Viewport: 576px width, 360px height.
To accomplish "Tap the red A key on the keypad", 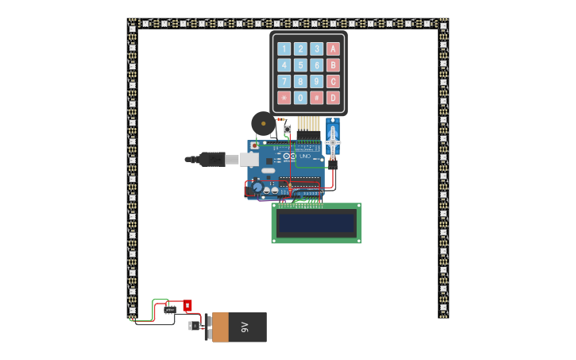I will pyautogui.click(x=333, y=48).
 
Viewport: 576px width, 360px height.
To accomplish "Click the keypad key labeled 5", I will pyautogui.click(x=300, y=65).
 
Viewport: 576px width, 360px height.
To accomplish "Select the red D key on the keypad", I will pyautogui.click(x=333, y=98).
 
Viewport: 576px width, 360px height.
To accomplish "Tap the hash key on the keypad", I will pyautogui.click(x=316, y=98).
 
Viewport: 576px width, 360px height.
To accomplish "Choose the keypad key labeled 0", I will pyautogui.click(x=300, y=98).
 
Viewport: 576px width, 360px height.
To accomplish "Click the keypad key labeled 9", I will pyautogui.click(x=316, y=81).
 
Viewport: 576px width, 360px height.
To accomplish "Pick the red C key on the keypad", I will pyautogui.click(x=333, y=81).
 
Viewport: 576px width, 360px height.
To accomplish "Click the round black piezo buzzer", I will pyautogui.click(x=263, y=123).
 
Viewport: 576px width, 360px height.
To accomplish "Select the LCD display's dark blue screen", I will pyautogui.click(x=316, y=223).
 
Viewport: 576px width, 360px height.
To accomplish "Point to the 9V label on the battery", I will pyautogui.click(x=245, y=327).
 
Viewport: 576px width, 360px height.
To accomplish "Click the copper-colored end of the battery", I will pyautogui.click(x=220, y=327).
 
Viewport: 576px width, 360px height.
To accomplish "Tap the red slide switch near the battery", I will pyautogui.click(x=187, y=305).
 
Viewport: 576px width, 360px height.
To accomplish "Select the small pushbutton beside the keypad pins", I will pyautogui.click(x=288, y=129).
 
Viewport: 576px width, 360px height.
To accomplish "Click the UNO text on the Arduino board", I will pyautogui.click(x=307, y=157).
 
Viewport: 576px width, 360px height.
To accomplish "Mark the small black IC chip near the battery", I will pyautogui.click(x=170, y=310).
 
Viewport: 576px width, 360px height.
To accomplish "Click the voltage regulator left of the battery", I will pyautogui.click(x=193, y=325).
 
